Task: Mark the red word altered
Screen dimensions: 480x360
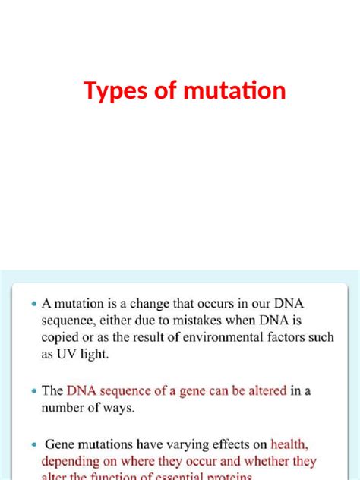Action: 261,391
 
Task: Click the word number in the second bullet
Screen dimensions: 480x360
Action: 67,408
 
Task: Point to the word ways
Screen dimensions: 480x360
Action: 122,408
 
